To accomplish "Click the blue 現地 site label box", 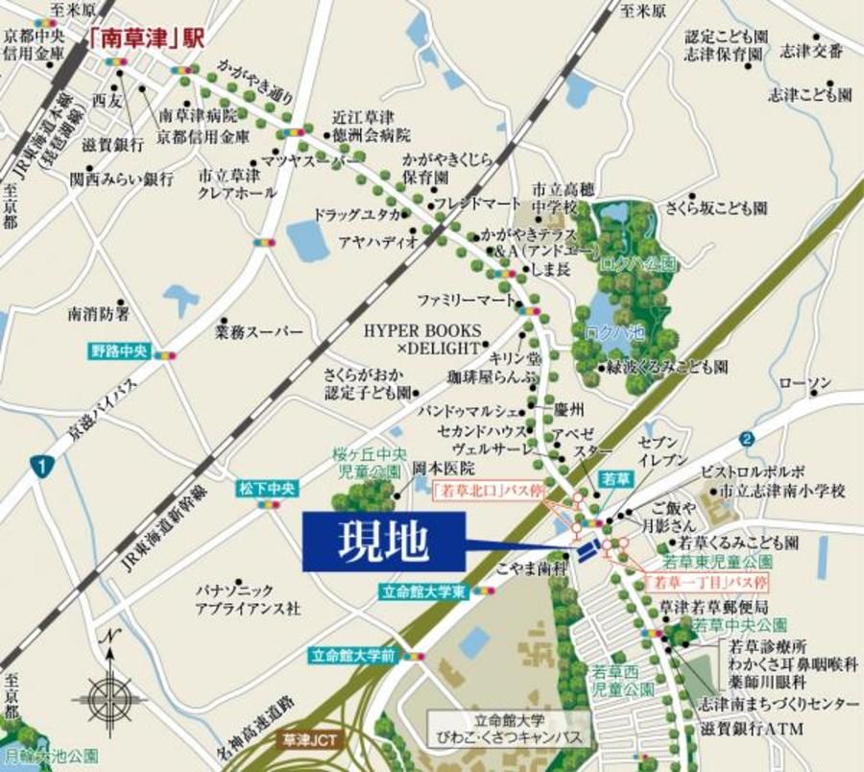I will [x=383, y=542].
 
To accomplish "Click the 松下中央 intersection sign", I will [x=263, y=489].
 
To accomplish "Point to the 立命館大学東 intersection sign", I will [x=422, y=592].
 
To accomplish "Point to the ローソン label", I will [x=804, y=384].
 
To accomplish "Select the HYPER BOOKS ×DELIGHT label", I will [x=420, y=337].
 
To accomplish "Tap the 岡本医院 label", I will [x=444, y=470].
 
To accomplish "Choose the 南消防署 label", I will [x=99, y=314].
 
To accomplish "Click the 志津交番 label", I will [x=812, y=51].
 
